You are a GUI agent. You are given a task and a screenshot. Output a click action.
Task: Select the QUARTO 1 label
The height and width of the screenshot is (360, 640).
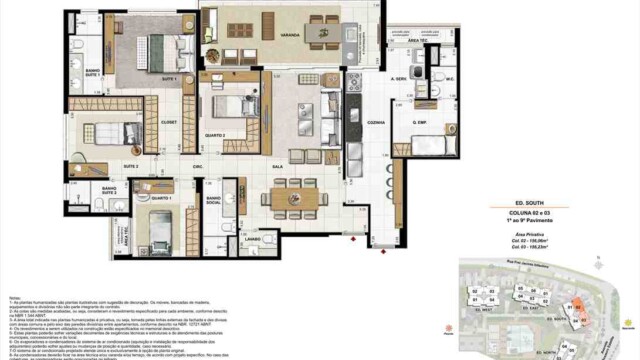(x=150, y=198)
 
